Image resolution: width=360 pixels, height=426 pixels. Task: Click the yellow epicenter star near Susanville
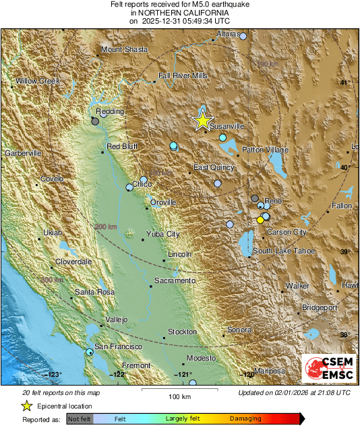(x=202, y=121)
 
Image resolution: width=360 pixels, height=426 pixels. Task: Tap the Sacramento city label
(x=175, y=280)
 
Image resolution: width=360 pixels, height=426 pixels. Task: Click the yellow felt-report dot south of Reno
(x=260, y=220)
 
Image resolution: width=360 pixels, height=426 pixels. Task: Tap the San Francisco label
(x=117, y=346)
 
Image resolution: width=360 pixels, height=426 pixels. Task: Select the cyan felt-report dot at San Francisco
(x=90, y=352)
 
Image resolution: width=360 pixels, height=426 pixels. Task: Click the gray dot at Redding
(x=95, y=121)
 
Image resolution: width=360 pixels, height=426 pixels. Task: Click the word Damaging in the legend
(x=245, y=419)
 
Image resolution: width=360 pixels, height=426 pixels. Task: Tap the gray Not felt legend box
(x=80, y=419)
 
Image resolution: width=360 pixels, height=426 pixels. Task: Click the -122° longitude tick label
(x=119, y=374)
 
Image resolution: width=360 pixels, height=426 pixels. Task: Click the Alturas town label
(x=228, y=34)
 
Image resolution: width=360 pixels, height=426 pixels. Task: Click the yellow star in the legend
(x=26, y=406)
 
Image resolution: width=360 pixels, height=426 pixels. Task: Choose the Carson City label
(x=287, y=232)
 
